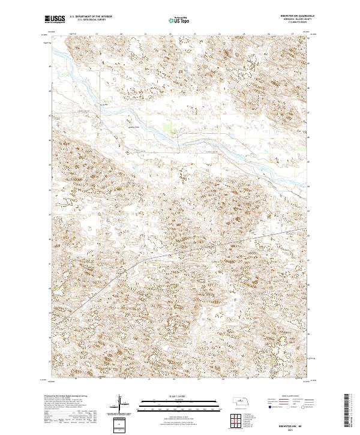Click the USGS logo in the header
(x=55, y=20)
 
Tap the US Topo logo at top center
(x=180, y=20)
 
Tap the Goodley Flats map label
(x=133, y=127)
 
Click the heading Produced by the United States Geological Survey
(x=67, y=397)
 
